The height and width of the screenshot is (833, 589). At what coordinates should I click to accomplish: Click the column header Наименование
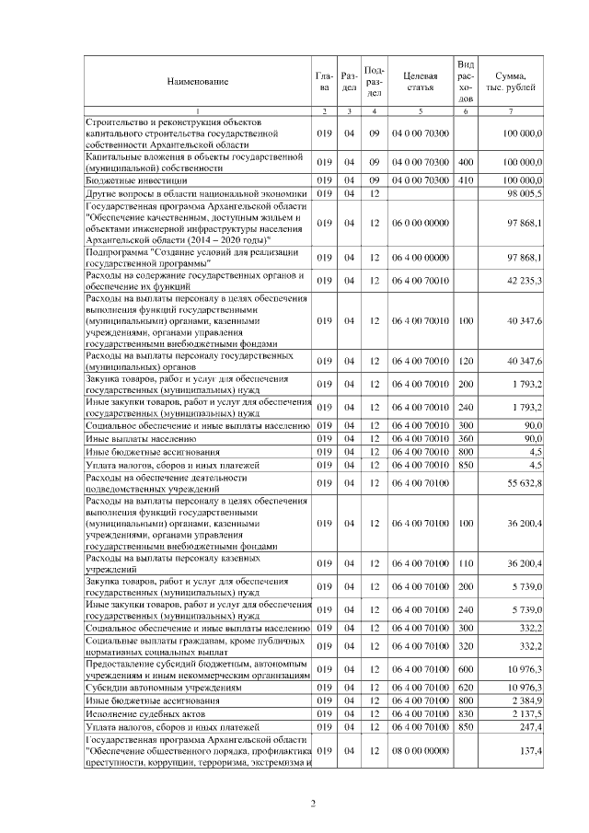[197, 82]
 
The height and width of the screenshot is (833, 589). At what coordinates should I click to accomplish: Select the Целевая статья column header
[419, 82]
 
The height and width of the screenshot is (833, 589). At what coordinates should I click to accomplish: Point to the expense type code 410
[466, 181]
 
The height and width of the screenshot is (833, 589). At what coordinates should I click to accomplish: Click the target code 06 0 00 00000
[419, 223]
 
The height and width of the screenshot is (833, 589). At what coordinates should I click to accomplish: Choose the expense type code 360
[466, 440]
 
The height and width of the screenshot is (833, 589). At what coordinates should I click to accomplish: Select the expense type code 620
[466, 688]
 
